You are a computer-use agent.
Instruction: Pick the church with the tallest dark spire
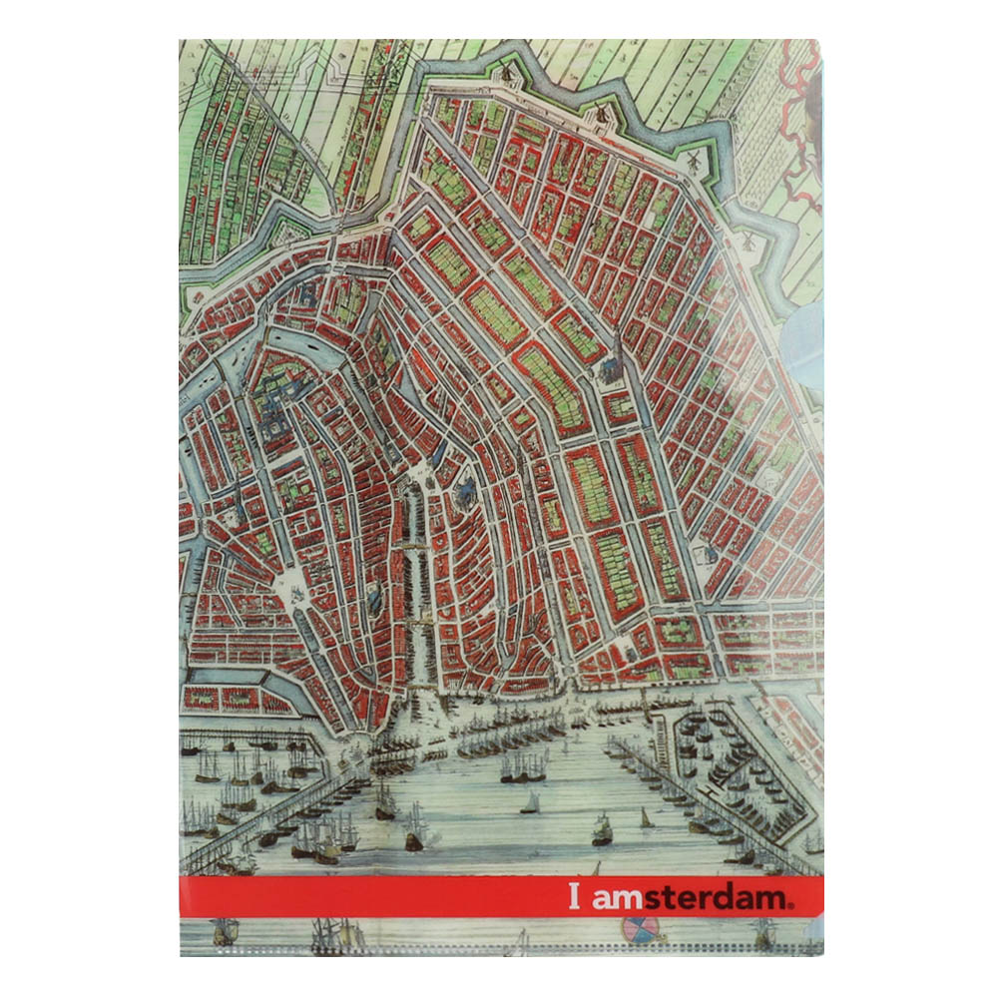coord(612,359)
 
